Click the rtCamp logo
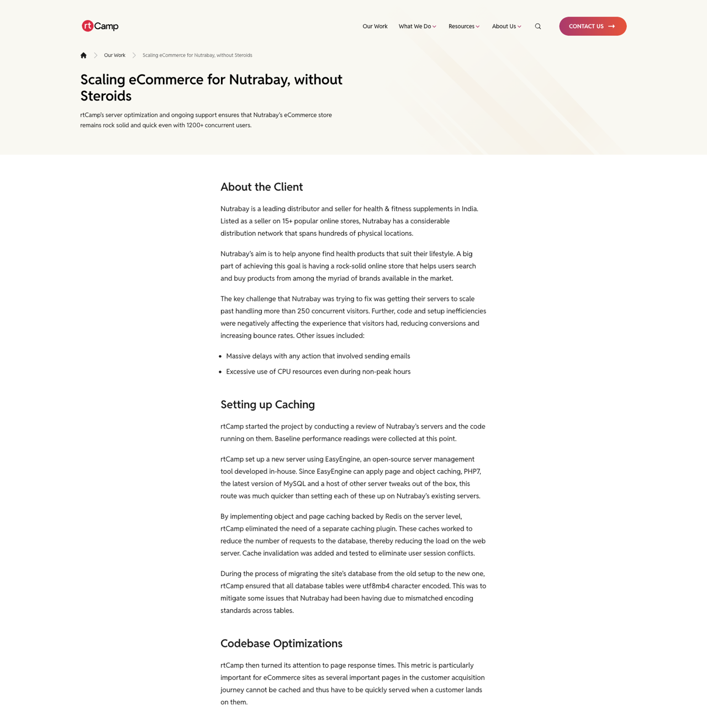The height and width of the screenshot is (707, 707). [x=100, y=26]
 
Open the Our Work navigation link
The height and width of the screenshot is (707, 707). [x=374, y=27]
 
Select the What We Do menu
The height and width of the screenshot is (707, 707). [x=417, y=27]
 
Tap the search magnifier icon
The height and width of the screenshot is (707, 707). [x=538, y=27]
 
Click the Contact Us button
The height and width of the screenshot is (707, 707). [x=593, y=27]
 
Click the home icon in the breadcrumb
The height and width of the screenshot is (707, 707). [x=83, y=55]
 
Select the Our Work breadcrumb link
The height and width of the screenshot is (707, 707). [x=114, y=55]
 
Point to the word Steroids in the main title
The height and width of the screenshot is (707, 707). [x=106, y=96]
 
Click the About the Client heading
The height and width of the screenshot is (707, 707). [x=261, y=187]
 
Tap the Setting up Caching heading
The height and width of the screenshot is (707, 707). [x=267, y=405]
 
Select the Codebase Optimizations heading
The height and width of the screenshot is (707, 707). [x=281, y=643]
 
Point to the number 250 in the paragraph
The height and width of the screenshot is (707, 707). [x=303, y=312]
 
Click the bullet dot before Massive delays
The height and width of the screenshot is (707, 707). [x=220, y=357]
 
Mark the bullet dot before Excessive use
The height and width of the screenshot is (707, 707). [x=220, y=372]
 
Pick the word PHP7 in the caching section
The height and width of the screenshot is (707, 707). [x=472, y=472]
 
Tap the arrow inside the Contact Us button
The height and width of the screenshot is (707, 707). [x=611, y=27]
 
